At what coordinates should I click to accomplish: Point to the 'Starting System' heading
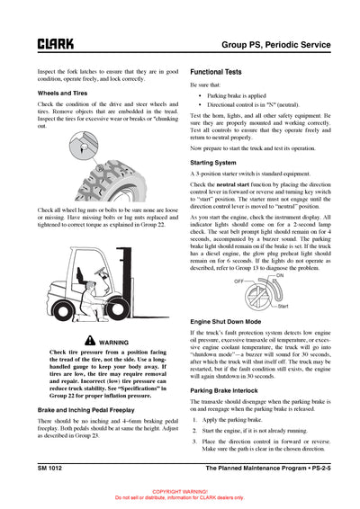pos(214,162)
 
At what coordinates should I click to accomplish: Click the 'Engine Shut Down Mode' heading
pos(226,321)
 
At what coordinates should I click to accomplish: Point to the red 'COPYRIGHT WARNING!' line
pos(180,492)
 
